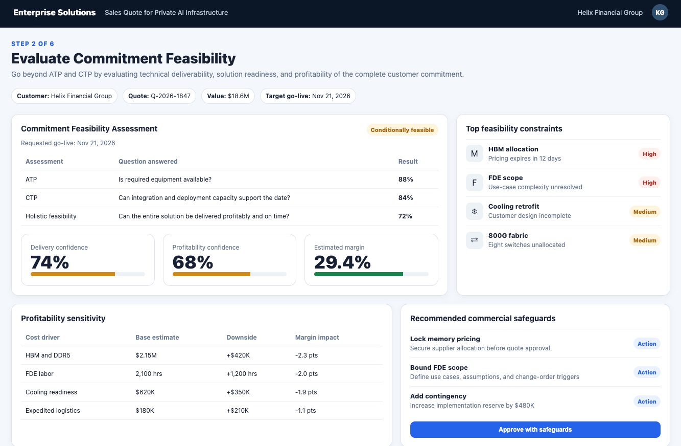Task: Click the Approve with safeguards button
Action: click(535, 429)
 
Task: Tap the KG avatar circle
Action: click(660, 12)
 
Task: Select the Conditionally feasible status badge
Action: click(402, 130)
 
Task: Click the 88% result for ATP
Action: click(406, 180)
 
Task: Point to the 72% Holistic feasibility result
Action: click(405, 216)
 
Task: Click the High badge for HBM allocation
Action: click(649, 154)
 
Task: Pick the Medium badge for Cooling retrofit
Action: click(645, 212)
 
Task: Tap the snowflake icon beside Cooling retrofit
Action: click(474, 211)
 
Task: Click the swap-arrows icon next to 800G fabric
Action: click(474, 240)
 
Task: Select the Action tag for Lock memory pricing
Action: click(647, 344)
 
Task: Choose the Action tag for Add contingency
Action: click(647, 402)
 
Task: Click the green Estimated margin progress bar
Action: click(359, 274)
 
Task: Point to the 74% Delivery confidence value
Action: click(50, 262)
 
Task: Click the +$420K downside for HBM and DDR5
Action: click(238, 355)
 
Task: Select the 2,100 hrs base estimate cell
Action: click(149, 373)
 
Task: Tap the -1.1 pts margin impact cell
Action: click(306, 410)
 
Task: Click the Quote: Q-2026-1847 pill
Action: click(159, 96)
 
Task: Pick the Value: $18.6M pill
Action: click(228, 96)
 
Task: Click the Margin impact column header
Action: click(317, 338)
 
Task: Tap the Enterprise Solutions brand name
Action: click(55, 12)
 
